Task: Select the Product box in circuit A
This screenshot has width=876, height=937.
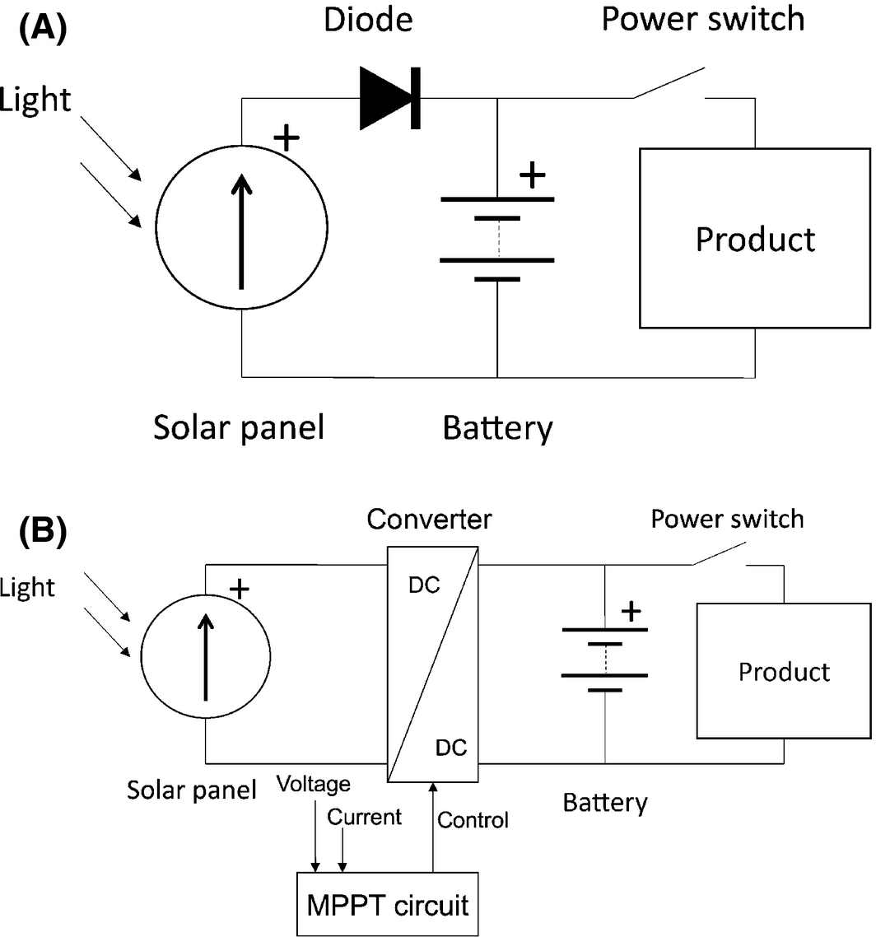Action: (x=755, y=239)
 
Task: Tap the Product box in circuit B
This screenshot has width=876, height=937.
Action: (x=784, y=671)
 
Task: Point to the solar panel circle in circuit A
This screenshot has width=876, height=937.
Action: (x=242, y=228)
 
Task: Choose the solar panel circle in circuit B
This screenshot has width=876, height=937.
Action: (x=205, y=658)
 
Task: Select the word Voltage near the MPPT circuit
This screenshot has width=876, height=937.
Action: (x=314, y=784)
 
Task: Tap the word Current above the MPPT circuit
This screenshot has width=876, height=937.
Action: (x=364, y=817)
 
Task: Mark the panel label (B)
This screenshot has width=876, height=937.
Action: (x=43, y=531)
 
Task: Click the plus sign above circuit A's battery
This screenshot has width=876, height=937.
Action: (x=534, y=174)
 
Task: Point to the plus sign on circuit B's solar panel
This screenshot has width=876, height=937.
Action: (x=239, y=588)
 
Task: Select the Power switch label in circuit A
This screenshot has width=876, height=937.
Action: (x=702, y=19)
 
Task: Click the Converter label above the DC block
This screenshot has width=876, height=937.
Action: (x=429, y=520)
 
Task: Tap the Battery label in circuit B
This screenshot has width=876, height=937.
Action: (x=605, y=802)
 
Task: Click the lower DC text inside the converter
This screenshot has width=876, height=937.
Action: (x=451, y=748)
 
